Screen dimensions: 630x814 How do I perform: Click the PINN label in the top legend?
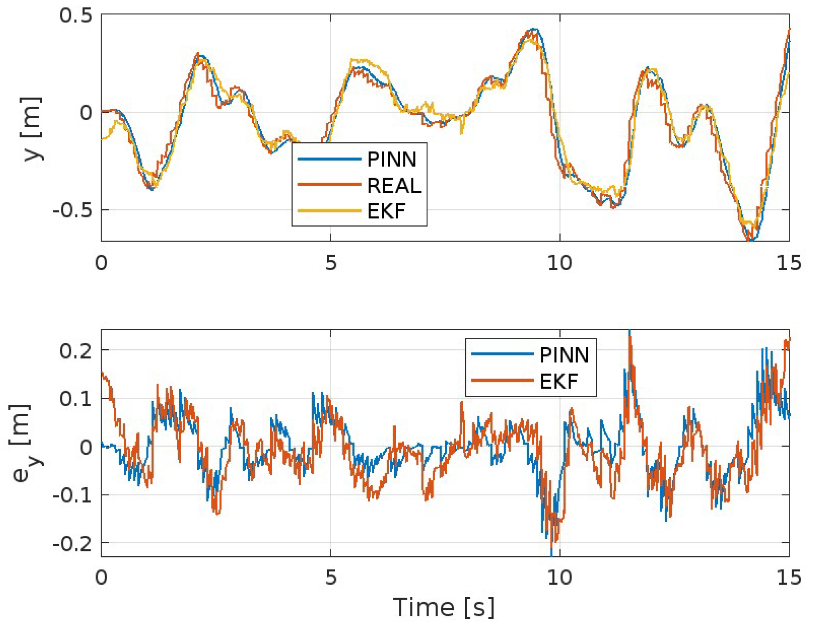point(392,160)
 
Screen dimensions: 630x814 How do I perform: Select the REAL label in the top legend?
point(394,185)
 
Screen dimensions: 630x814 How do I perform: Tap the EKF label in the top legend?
point(386,211)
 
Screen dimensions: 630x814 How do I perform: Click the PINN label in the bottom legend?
point(564,355)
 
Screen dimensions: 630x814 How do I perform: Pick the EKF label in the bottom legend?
point(559,381)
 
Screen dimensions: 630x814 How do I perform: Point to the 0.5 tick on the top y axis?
point(76,16)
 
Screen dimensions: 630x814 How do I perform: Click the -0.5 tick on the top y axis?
point(72,210)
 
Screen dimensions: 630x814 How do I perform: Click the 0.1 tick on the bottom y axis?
point(76,399)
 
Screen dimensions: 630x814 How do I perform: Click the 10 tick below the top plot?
point(559,263)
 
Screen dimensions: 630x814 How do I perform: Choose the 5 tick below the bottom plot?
point(330,577)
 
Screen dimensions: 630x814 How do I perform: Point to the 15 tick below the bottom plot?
point(789,577)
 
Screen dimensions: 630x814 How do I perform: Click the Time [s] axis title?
point(443,607)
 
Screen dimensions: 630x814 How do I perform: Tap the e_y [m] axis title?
point(25,443)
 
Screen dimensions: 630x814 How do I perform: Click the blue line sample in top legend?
point(329,159)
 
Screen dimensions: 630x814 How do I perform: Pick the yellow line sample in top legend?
point(329,211)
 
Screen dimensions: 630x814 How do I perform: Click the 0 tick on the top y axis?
point(86,113)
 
